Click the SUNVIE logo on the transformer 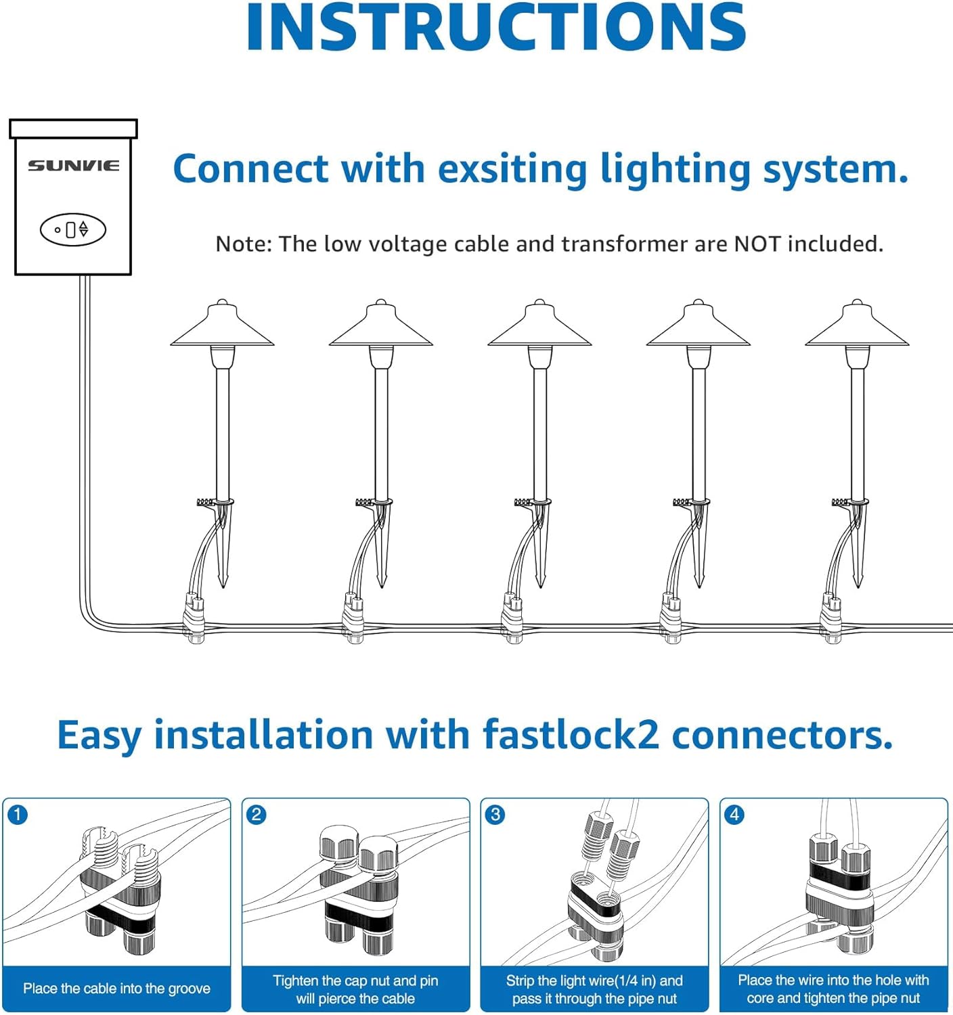pyautogui.click(x=73, y=165)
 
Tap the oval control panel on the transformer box pyautogui.click(x=73, y=230)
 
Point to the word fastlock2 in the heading pyautogui.click(x=571, y=735)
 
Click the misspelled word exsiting pyautogui.click(x=512, y=169)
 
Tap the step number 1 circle pyautogui.click(x=18, y=815)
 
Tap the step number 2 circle pyautogui.click(x=257, y=815)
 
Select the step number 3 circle pyautogui.click(x=495, y=815)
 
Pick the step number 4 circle pyautogui.click(x=734, y=815)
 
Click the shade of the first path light pyautogui.click(x=222, y=328)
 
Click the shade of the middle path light pyautogui.click(x=539, y=328)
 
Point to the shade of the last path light pyautogui.click(x=857, y=328)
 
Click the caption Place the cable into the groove pyautogui.click(x=116, y=989)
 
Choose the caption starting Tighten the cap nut pyautogui.click(x=355, y=989)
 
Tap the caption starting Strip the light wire pyautogui.click(x=594, y=989)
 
